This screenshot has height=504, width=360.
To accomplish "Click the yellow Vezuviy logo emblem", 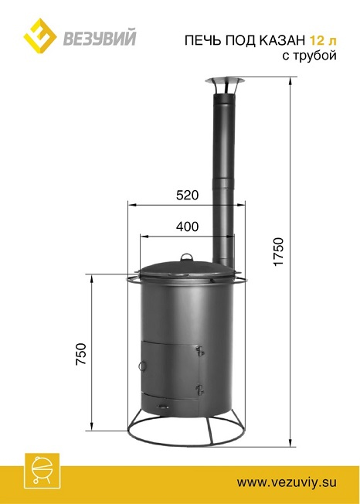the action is coord(40,36).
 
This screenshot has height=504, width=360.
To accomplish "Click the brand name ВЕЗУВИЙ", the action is coord(99,37).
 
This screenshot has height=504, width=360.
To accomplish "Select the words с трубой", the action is coord(310,56).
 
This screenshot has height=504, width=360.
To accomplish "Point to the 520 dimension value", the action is coord(188,195).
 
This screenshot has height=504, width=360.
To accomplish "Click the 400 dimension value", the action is coord(187,226).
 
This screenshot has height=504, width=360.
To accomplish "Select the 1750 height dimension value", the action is coord(279,252).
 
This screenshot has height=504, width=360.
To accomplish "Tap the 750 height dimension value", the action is coord(81,354).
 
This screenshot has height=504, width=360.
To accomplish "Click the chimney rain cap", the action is coord(225,85).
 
